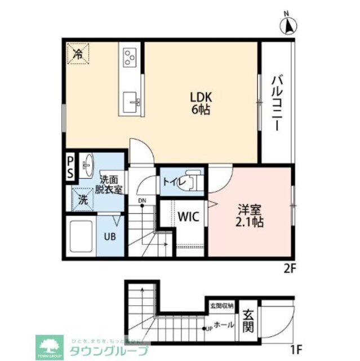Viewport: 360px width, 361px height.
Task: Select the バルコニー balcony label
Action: pyautogui.click(x=277, y=102)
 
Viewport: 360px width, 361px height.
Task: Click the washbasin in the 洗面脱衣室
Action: pyautogui.click(x=88, y=165)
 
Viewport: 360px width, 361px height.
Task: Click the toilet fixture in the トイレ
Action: pyautogui.click(x=193, y=181)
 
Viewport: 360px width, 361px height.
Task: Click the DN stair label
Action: pyautogui.click(x=142, y=201)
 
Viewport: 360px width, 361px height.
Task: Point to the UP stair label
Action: pyautogui.click(x=208, y=328)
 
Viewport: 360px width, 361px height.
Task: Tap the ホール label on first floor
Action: pyautogui.click(x=224, y=325)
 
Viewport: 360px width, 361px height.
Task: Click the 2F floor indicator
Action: pyautogui.click(x=290, y=268)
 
